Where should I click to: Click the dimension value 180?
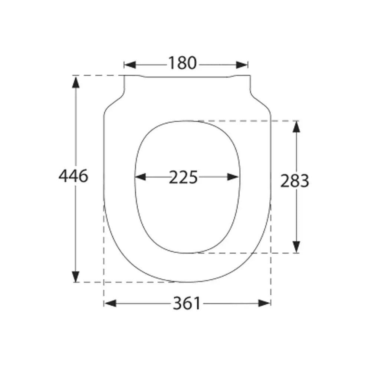(x=182, y=63)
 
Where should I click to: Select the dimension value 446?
(x=73, y=176)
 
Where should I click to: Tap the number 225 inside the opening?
(x=183, y=177)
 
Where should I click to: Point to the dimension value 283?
(x=295, y=181)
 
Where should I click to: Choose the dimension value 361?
(x=187, y=303)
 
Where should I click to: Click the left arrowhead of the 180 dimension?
(x=130, y=65)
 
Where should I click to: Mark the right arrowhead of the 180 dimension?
(x=242, y=65)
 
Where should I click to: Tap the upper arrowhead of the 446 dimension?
(x=76, y=82)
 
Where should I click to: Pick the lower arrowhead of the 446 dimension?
(x=76, y=276)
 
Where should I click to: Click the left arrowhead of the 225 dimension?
(x=141, y=177)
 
